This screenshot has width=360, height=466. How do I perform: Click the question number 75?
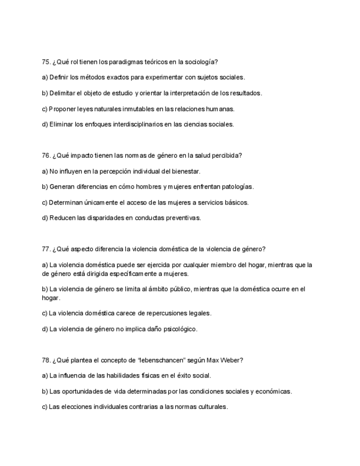pyautogui.click(x=46, y=62)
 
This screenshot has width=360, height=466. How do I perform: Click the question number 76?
pyautogui.click(x=46, y=156)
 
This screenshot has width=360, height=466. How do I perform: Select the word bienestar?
pyautogui.click(x=185, y=171)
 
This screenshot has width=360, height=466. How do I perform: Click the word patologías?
pyautogui.click(x=237, y=187)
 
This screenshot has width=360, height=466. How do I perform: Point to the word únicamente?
pyautogui.click(x=107, y=202)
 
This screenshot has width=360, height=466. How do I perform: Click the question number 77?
pyautogui.click(x=46, y=249)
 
